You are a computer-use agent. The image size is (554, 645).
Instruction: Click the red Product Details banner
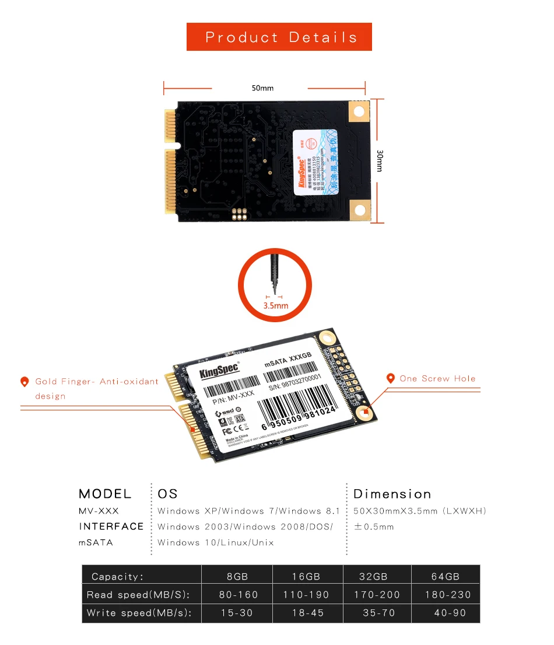click(279, 37)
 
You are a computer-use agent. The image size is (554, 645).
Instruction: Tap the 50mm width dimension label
click(262, 88)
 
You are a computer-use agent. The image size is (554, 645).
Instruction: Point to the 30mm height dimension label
click(380, 161)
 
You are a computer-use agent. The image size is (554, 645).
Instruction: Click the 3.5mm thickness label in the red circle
click(276, 305)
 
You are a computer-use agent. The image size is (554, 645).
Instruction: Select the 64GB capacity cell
click(446, 577)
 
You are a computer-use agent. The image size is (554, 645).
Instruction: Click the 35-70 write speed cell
click(378, 613)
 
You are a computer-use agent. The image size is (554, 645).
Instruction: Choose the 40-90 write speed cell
click(450, 613)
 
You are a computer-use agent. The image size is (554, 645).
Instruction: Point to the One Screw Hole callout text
click(437, 379)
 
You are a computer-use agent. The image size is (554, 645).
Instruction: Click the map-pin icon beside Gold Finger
click(24, 382)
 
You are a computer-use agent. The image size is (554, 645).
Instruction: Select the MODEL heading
click(105, 494)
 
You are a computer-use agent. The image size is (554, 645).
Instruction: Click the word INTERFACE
click(111, 527)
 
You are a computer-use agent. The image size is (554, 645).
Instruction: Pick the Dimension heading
click(392, 494)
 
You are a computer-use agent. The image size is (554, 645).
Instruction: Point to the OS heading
click(167, 494)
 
